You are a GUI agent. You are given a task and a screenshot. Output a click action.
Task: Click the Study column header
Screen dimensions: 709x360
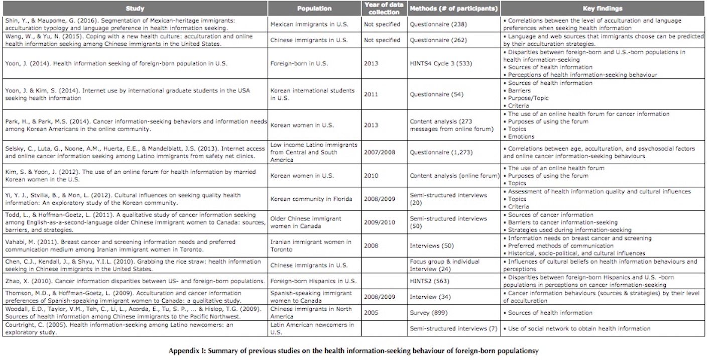(x=135, y=9)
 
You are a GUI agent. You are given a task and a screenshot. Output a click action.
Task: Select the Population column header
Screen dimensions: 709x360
(x=314, y=9)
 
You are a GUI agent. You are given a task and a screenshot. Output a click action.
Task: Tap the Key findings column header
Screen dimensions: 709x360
(x=603, y=9)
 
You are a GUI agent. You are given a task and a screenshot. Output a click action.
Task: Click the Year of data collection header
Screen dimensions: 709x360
(x=384, y=9)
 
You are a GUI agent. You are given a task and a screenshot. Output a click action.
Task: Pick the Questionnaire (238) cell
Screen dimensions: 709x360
(x=438, y=25)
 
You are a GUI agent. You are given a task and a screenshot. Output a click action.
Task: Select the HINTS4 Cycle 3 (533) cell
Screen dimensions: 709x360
(x=440, y=63)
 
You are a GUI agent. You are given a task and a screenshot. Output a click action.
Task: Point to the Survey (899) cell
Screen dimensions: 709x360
(x=429, y=313)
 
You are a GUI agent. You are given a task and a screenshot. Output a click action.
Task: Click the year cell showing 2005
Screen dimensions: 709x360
(x=371, y=313)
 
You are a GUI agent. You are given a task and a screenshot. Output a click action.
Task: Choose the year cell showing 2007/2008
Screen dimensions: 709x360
(x=379, y=152)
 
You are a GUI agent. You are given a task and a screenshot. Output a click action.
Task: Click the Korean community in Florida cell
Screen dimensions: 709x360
(x=311, y=199)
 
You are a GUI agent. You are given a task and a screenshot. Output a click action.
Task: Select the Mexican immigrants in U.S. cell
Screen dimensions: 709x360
(x=309, y=25)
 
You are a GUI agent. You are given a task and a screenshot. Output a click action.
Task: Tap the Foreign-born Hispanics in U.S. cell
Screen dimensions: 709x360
(x=313, y=281)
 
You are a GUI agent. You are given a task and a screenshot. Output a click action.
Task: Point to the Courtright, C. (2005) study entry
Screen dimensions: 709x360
(x=119, y=329)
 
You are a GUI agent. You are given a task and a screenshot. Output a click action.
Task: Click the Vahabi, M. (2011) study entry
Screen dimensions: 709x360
(x=121, y=246)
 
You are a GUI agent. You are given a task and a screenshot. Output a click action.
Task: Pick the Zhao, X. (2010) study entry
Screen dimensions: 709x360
(x=135, y=281)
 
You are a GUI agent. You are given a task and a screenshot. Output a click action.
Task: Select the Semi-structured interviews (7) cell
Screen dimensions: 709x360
(x=453, y=329)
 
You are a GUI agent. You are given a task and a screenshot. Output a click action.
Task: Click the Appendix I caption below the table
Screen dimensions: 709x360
(x=353, y=351)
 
